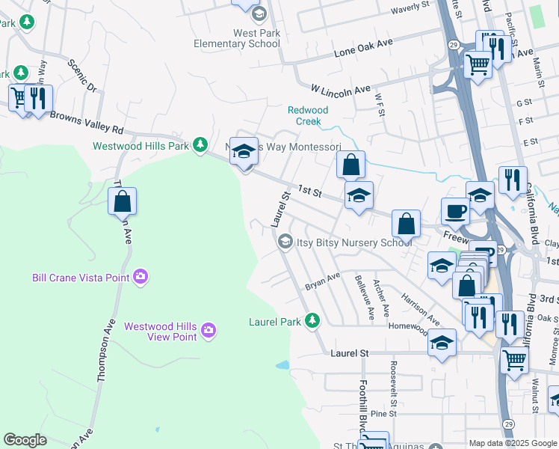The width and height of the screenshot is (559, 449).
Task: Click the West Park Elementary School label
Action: click(x=237, y=38)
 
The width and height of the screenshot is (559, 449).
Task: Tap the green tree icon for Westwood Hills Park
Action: click(x=200, y=144)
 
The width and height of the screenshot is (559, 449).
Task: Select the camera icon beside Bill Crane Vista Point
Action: click(x=140, y=278)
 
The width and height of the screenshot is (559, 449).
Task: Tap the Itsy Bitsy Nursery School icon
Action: click(x=285, y=242)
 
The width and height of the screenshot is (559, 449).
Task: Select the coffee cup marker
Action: click(x=454, y=212)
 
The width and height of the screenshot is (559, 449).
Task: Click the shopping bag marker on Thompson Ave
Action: click(x=122, y=201)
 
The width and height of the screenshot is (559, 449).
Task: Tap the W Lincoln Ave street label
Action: click(x=341, y=90)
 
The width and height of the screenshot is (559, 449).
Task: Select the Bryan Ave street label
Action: click(x=322, y=281)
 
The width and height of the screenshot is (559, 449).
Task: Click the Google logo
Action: click(x=25, y=440)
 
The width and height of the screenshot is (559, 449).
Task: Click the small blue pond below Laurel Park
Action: click(x=282, y=366)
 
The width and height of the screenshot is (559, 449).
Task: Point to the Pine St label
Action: click(x=383, y=413)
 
